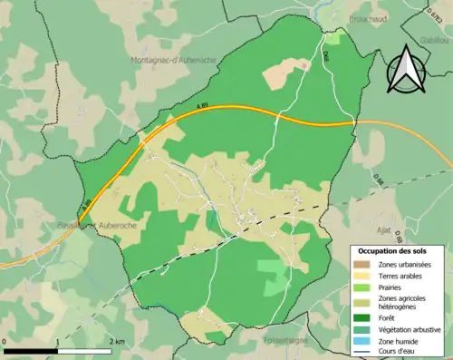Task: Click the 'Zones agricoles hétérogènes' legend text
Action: coord(402,302)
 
